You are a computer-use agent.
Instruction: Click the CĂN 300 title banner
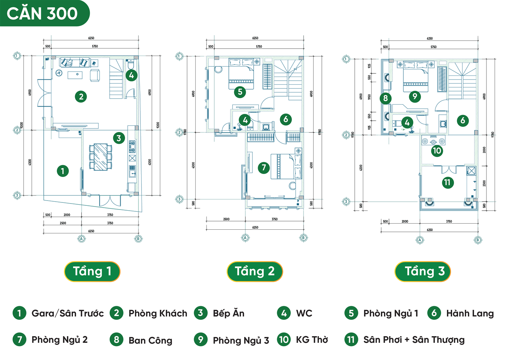point(43,13)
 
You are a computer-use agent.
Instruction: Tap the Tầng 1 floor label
point(92,271)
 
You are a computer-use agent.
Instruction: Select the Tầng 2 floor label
point(255,271)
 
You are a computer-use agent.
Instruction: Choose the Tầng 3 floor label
point(423,271)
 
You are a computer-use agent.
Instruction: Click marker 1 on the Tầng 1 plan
point(63,171)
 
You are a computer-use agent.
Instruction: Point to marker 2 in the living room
point(81,97)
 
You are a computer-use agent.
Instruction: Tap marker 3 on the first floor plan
point(119,138)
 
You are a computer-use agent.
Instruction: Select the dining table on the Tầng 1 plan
point(100,157)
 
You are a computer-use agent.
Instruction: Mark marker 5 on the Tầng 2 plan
point(240,92)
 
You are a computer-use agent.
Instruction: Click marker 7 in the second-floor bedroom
point(264,168)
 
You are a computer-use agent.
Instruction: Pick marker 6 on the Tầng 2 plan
point(286,120)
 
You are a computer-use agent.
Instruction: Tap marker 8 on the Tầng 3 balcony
point(386,99)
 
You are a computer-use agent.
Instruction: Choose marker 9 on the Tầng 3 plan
point(415,97)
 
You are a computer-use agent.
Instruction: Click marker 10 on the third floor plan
point(437,151)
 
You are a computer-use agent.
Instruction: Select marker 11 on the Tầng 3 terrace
point(447,183)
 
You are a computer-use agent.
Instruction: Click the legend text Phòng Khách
point(158,313)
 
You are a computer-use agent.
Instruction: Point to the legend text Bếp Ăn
point(228,313)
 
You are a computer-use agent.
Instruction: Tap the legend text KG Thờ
point(312,340)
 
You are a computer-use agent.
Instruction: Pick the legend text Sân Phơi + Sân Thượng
point(414,340)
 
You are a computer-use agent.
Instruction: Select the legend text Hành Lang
point(470,313)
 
